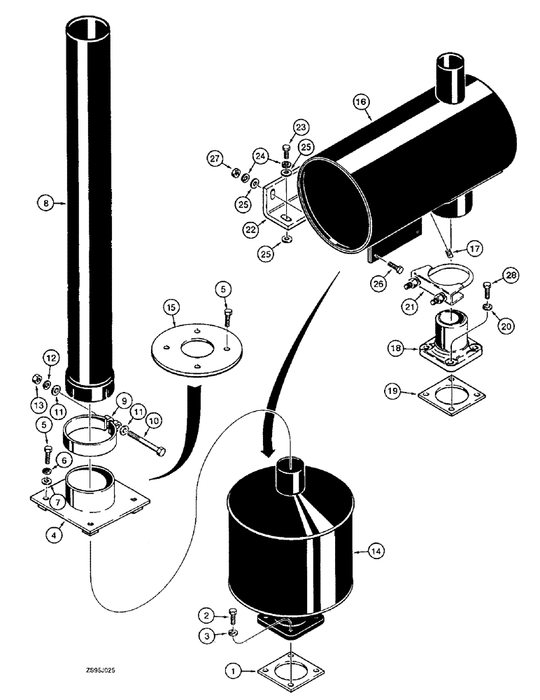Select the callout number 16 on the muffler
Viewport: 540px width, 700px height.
click(361, 103)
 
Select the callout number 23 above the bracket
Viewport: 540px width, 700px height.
click(301, 127)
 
